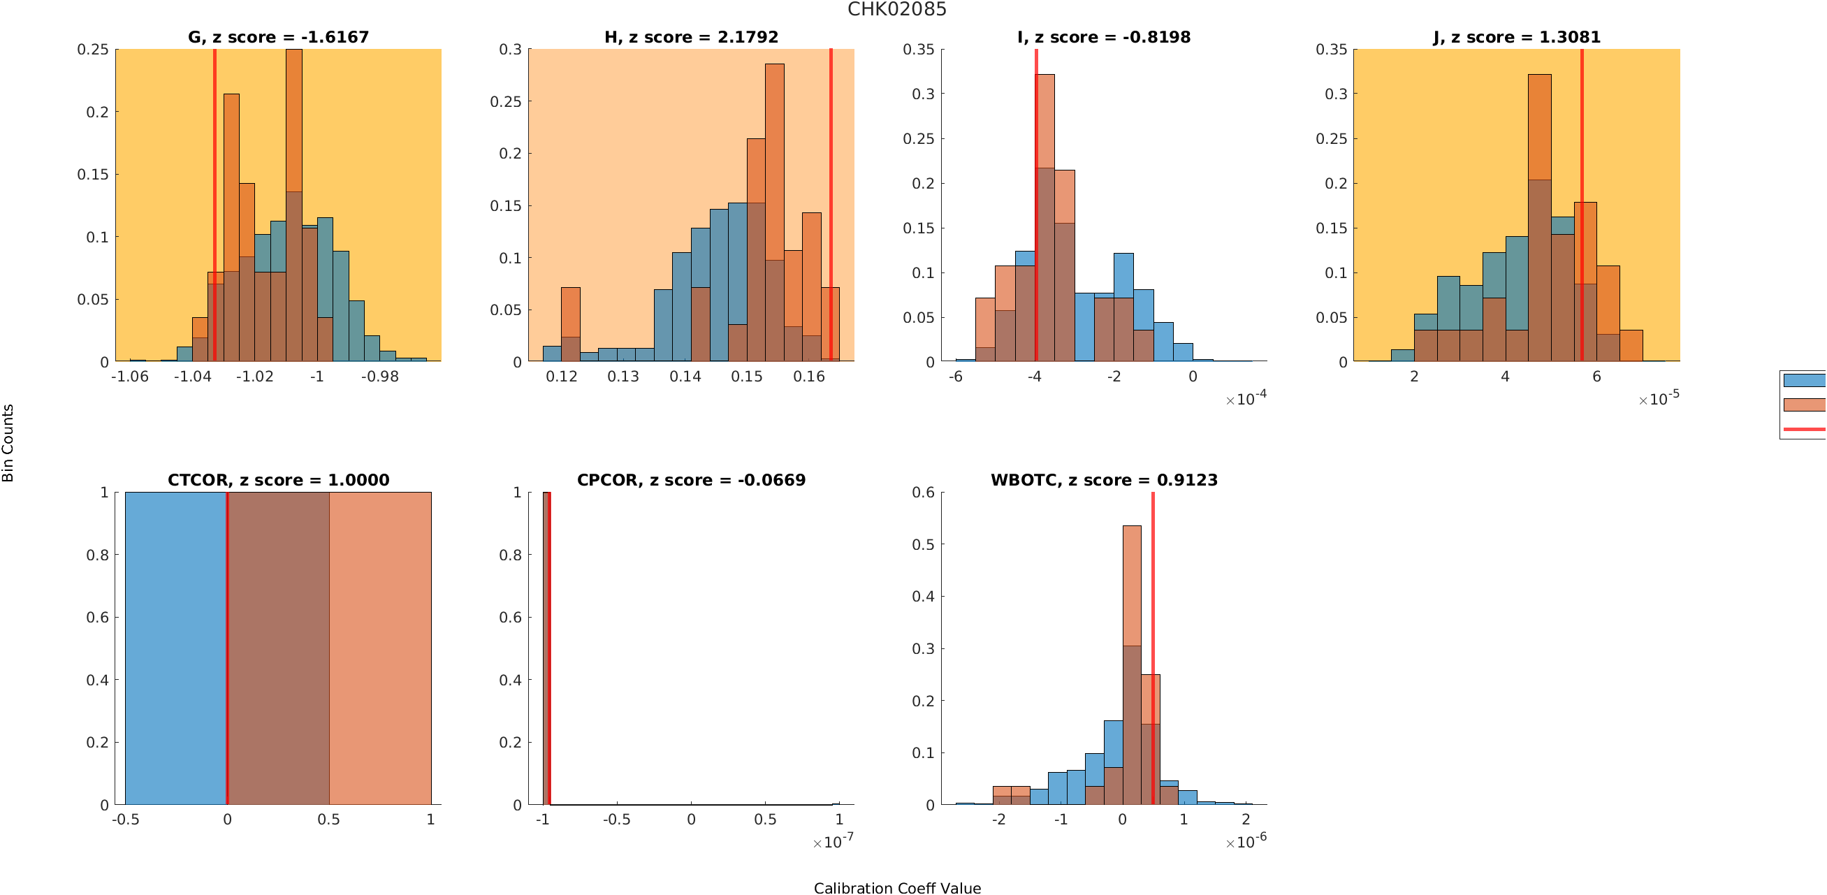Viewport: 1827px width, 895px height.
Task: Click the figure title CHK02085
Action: click(x=896, y=9)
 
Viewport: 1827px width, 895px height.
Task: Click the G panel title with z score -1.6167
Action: click(x=278, y=37)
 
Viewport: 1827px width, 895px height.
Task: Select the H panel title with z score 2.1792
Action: click(x=691, y=37)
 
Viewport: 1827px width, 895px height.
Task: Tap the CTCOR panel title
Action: click(x=278, y=480)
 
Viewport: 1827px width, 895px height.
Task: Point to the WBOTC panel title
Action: click(x=1104, y=480)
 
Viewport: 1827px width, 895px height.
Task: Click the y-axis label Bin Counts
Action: click(x=8, y=443)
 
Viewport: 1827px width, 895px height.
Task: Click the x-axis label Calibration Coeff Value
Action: click(x=897, y=888)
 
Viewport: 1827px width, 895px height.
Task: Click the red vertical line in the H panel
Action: click(x=831, y=205)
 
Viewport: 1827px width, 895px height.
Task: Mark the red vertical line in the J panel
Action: click(x=1582, y=205)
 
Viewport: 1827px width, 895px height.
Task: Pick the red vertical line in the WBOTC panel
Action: click(x=1153, y=648)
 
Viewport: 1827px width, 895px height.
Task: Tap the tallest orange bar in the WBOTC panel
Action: click(x=1132, y=665)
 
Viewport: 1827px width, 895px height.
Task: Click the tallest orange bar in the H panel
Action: click(x=775, y=213)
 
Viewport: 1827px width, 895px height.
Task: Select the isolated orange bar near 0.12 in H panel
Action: click(x=570, y=324)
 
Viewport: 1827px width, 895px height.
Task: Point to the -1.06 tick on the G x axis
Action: click(x=130, y=376)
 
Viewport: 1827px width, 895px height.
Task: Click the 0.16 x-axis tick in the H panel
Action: click(x=808, y=376)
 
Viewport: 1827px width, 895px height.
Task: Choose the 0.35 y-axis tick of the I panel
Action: click(x=919, y=49)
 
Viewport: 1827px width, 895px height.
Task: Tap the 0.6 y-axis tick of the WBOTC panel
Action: click(x=923, y=492)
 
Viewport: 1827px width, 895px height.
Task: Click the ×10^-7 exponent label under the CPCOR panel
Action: click(x=834, y=841)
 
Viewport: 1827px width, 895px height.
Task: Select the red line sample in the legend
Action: click(x=1805, y=429)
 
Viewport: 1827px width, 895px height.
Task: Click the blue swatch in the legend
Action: click(x=1805, y=380)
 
